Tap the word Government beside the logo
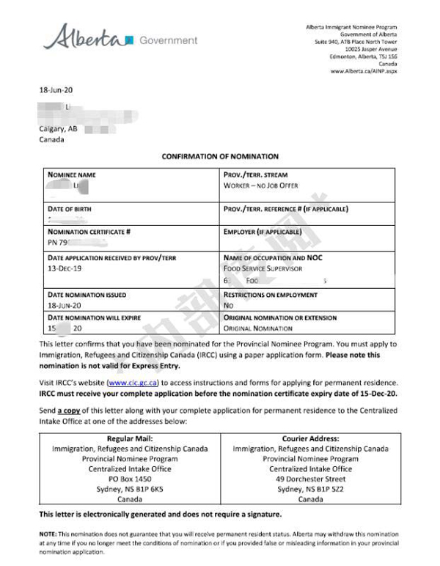point(168,40)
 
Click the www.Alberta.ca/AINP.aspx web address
point(364,71)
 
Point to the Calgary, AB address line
point(58,128)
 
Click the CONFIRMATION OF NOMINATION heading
point(220,156)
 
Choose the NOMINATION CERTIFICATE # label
point(89,232)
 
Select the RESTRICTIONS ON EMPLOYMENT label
point(271,295)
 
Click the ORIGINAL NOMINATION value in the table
point(257,328)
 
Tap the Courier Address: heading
point(310,438)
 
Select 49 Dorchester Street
point(310,479)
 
